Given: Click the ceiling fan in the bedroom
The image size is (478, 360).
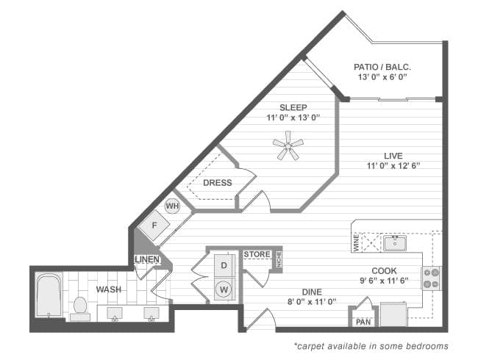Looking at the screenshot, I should pyautogui.click(x=288, y=145).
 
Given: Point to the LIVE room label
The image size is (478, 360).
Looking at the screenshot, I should pyautogui.click(x=393, y=155).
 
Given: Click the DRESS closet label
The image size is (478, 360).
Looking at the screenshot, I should pyautogui.click(x=217, y=183).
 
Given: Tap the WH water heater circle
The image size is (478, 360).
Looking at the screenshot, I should pyautogui.click(x=172, y=206).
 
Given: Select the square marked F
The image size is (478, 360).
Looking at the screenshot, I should pyautogui.click(x=154, y=225).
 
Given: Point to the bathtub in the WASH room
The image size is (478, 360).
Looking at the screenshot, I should pyautogui.click(x=49, y=295).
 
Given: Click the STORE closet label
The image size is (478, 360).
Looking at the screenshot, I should pyautogui.click(x=257, y=254).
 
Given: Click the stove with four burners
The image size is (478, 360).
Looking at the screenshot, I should pyautogui.click(x=431, y=278).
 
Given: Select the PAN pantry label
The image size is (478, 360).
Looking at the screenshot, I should pyautogui.click(x=363, y=322).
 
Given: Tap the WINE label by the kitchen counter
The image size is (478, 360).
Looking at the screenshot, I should pyautogui.click(x=356, y=243).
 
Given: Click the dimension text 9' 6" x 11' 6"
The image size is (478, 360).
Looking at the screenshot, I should pyautogui.click(x=383, y=281).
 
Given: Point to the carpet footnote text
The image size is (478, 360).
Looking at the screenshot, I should pyautogui.click(x=371, y=345).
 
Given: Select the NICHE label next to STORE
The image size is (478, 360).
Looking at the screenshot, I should pyautogui.click(x=279, y=259).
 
